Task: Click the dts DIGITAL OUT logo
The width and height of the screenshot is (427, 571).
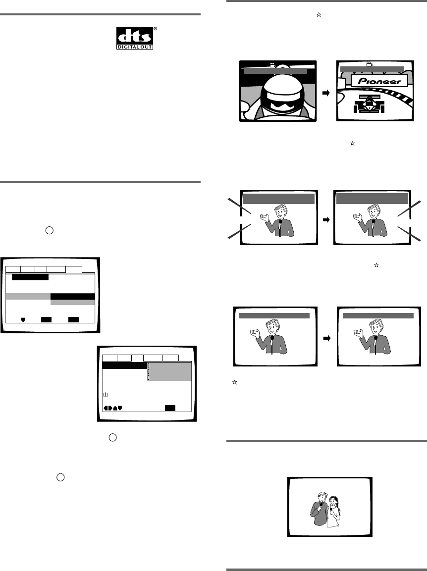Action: pos(132,38)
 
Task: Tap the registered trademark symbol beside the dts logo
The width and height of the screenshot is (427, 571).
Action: pos(155,29)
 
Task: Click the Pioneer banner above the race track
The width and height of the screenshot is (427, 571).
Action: pos(379,81)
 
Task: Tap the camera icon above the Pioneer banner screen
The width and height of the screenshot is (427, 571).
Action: pos(369,64)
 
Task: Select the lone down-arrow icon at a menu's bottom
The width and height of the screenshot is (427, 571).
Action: pos(23,320)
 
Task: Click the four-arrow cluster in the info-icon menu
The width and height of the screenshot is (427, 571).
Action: pos(112,408)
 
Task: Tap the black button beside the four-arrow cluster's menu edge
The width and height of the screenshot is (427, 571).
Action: pos(170,408)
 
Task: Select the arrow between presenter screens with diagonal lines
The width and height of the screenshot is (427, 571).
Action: pos(325,218)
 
